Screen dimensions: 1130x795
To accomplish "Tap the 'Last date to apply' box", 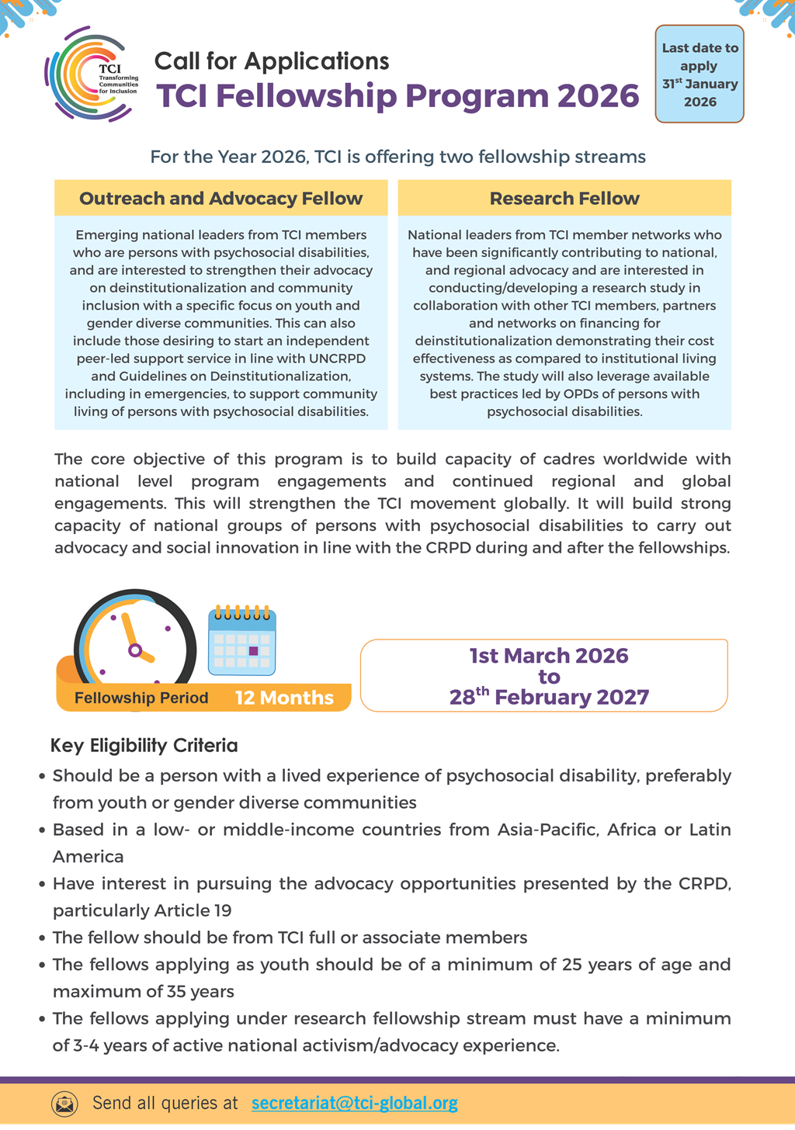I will (700, 75).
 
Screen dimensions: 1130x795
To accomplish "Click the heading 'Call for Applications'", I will (271, 61).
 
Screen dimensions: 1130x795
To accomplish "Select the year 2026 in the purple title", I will (598, 96).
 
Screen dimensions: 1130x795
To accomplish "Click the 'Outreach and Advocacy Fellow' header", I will (220, 199).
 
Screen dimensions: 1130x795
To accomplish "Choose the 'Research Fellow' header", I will (564, 199).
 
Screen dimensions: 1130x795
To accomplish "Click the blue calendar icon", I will (242, 642).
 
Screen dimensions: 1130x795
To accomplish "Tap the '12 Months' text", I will (284, 698).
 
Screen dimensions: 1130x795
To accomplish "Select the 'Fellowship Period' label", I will (141, 698).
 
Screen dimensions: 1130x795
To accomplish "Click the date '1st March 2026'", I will (548, 656).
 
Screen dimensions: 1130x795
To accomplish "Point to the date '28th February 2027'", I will (548, 697).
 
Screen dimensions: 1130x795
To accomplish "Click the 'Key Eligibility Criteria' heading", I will (144, 746).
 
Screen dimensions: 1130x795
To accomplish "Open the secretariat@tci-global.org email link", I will (354, 1103).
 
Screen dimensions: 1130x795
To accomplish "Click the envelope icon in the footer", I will (64, 1103).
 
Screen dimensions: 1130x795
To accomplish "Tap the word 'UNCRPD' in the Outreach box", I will (335, 359).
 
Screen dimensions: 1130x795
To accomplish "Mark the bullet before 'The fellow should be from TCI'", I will (42, 938).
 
